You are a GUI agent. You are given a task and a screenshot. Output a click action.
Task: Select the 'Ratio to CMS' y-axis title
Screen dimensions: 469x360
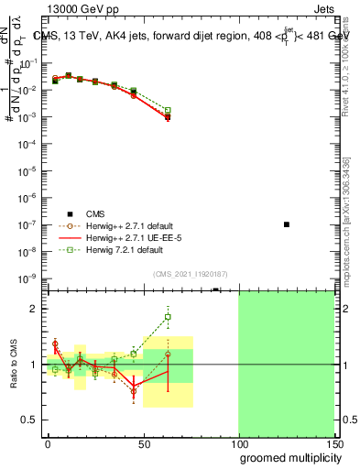[x=14, y=364]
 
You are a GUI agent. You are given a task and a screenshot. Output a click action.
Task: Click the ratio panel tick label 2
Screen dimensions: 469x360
[x=34, y=309]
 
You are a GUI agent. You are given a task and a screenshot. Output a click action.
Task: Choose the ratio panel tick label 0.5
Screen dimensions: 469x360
[x=29, y=420]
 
